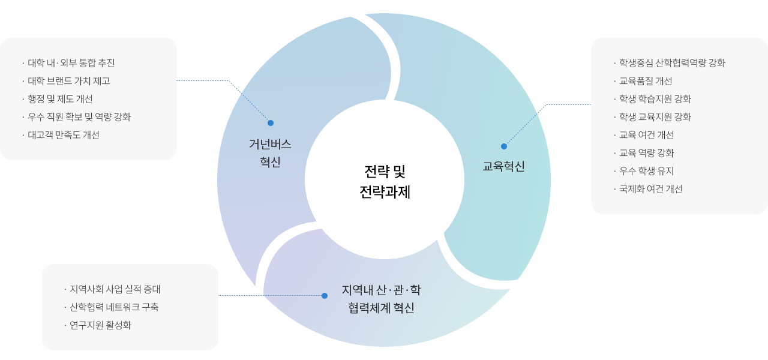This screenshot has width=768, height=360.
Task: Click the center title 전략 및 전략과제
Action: [385, 182]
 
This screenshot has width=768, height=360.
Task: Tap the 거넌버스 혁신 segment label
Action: [270, 153]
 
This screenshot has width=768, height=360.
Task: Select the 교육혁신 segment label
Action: [503, 166]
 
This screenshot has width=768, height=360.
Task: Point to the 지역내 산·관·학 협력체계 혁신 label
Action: [382, 299]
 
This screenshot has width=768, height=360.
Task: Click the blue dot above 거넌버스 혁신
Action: [271, 123]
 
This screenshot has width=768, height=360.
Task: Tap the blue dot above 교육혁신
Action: [504, 146]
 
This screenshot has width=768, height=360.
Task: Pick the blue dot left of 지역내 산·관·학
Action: [325, 296]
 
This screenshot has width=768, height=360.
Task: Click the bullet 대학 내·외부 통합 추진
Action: [71, 63]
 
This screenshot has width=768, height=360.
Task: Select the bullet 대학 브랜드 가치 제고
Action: [68, 81]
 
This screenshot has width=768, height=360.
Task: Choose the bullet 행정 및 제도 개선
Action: [60, 99]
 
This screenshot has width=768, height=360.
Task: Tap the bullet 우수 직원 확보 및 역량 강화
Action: [79, 117]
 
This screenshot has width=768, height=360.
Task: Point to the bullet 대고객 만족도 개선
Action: [64, 135]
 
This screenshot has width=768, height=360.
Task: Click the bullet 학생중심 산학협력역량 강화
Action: [672, 63]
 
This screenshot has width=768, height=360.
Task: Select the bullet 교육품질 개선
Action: [646, 81]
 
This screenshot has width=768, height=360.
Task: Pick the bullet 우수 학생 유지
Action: [647, 171]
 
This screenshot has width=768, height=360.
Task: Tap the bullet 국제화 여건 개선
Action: [651, 189]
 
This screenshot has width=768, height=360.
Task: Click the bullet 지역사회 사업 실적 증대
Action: [115, 289]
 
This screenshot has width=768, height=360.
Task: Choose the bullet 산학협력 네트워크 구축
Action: [114, 307]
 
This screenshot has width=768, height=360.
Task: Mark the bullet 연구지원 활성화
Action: [100, 325]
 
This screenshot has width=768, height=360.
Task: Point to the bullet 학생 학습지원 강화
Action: [655, 99]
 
